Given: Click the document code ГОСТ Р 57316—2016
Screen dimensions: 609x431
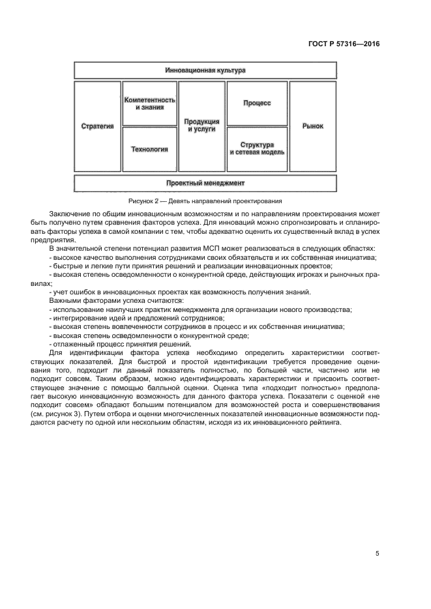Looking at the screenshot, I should (x=344, y=44).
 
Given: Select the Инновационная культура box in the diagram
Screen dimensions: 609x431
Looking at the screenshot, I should (x=205, y=70).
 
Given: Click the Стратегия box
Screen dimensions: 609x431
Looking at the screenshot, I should (x=98, y=126).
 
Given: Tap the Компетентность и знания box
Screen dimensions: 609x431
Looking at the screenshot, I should (x=149, y=103).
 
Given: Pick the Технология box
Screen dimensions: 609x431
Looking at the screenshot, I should (x=149, y=149).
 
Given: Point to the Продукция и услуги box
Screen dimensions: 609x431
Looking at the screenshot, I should (x=201, y=126).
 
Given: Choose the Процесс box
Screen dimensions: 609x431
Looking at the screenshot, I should (x=256, y=103).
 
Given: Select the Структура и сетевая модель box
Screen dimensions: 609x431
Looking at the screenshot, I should (x=256, y=149).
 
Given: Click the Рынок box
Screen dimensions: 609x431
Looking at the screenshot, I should (x=312, y=126).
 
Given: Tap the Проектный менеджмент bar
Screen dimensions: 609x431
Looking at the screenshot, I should (x=205, y=183).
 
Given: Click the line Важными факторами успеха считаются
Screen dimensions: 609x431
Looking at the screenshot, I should (x=116, y=300).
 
